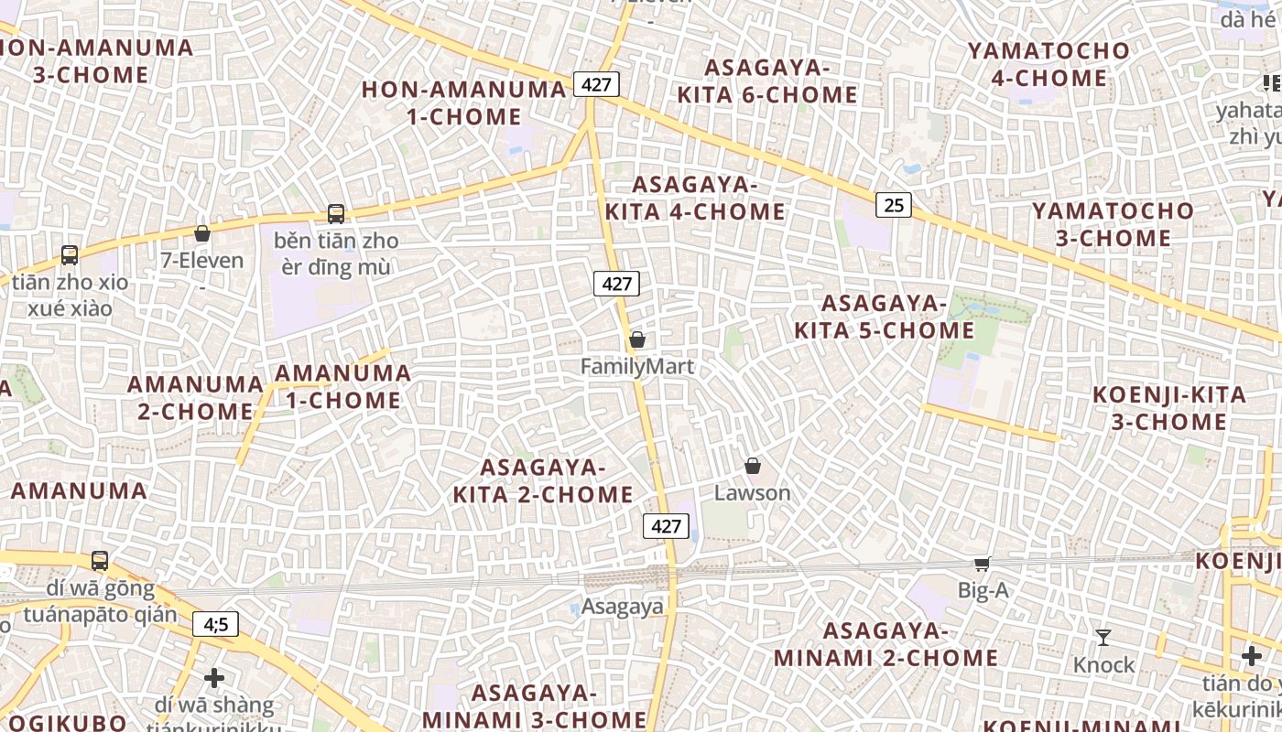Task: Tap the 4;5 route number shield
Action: tap(216, 624)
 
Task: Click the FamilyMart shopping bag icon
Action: tap(637, 340)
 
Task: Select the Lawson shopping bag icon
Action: tap(753, 467)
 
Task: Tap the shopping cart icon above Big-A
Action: tap(982, 564)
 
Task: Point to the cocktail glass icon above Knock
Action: tap(1103, 638)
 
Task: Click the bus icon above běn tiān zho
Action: tap(336, 214)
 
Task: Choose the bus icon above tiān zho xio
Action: tap(70, 254)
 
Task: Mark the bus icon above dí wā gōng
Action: tap(100, 560)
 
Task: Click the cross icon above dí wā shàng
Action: tap(214, 678)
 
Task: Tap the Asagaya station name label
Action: tap(622, 607)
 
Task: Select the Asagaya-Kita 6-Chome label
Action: tap(767, 81)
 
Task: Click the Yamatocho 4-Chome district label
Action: tap(1049, 64)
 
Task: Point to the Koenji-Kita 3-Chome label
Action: tap(1168, 408)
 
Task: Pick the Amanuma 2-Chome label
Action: tap(195, 397)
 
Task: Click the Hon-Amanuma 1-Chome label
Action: tap(464, 102)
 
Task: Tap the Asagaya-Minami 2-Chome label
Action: tap(885, 644)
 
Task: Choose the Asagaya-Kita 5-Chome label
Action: tap(884, 317)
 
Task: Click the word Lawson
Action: tap(753, 493)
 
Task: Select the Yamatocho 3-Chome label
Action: tap(1114, 224)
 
